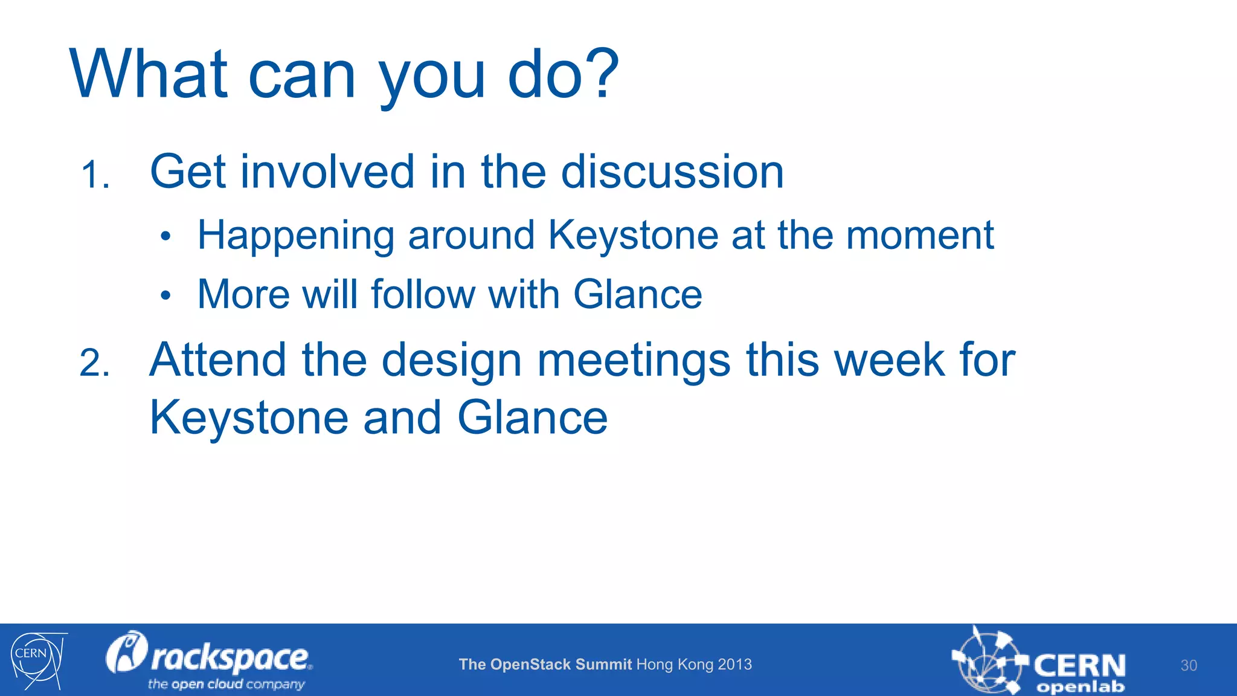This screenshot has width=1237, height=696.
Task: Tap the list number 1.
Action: (95, 175)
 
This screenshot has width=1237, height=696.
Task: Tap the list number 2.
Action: (95, 364)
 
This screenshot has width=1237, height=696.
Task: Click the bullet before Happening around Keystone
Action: (166, 237)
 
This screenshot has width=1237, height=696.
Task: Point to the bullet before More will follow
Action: (166, 296)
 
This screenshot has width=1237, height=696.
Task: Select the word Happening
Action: (296, 236)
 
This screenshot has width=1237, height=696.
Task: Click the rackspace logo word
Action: (230, 657)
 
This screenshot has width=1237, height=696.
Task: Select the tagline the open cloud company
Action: (226, 684)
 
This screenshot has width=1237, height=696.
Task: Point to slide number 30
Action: (1188, 665)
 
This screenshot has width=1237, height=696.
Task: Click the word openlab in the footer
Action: (1080, 687)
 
